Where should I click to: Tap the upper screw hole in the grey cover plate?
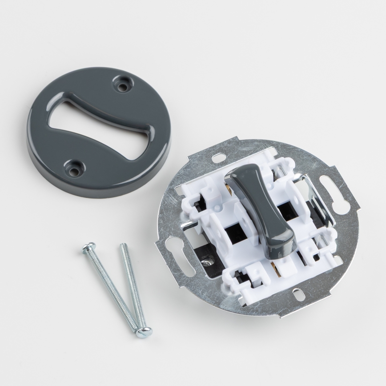tap(121, 83)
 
